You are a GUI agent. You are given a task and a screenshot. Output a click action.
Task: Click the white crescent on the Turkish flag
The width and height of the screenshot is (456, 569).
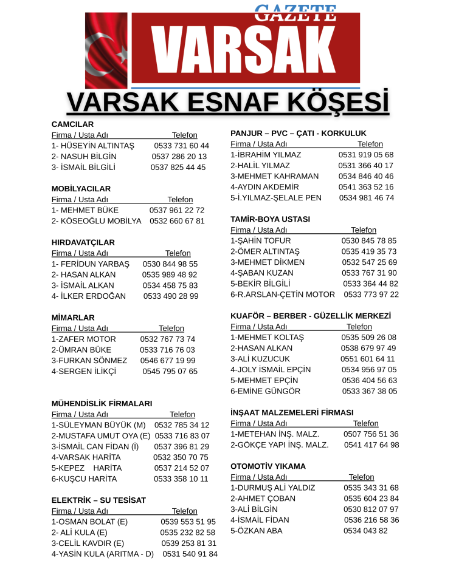click(x=97, y=46)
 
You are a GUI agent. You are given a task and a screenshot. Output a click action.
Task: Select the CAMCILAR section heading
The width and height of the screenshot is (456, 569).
click(x=72, y=124)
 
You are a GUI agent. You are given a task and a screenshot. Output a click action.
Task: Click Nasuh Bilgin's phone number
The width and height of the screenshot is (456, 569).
click(x=179, y=156)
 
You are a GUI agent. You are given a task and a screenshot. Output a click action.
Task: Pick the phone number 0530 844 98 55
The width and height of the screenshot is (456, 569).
click(x=170, y=264)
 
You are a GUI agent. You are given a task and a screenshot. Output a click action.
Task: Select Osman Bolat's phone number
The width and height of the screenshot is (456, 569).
click(x=188, y=522)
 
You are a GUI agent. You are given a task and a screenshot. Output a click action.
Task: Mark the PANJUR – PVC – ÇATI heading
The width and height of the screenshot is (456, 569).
click(x=298, y=133)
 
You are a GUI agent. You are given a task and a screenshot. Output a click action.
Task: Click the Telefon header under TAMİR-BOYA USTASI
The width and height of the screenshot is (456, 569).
click(x=363, y=230)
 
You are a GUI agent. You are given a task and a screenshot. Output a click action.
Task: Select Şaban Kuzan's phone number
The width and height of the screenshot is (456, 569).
click(x=369, y=273)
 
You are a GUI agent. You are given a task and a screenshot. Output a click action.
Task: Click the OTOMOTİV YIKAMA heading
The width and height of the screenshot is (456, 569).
click(x=268, y=466)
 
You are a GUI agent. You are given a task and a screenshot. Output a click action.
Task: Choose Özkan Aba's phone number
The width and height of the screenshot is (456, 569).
click(x=365, y=530)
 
